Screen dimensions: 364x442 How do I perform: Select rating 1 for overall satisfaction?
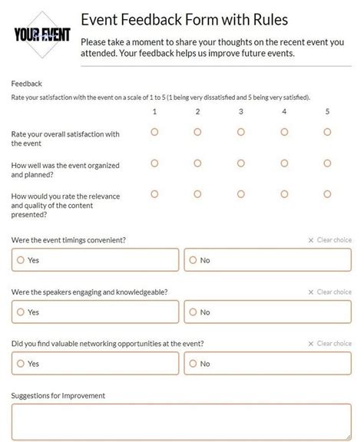point(154,132)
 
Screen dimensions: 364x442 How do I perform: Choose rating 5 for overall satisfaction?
point(327,132)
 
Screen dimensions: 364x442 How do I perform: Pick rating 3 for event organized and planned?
point(241,163)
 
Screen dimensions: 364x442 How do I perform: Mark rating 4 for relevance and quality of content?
point(284,194)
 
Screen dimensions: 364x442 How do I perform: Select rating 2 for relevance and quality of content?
point(197,194)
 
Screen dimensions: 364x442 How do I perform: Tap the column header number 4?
point(284,112)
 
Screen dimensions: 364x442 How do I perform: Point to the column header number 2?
point(197,112)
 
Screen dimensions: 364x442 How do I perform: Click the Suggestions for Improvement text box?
point(181,422)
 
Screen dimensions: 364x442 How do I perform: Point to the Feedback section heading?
point(27,84)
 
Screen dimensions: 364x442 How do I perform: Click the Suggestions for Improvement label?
point(58,396)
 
